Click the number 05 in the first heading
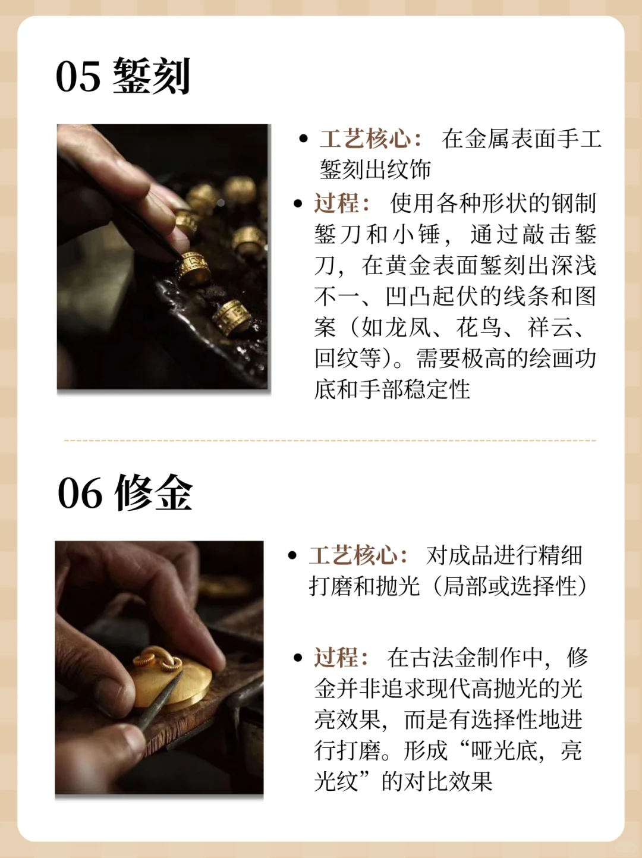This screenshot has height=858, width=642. (x=78, y=77)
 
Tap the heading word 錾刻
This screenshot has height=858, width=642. (x=152, y=77)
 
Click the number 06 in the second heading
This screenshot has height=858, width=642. (x=80, y=494)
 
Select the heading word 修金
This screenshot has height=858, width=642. (x=154, y=494)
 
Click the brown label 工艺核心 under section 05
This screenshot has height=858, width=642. (x=365, y=139)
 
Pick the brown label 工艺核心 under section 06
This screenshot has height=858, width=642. (x=353, y=555)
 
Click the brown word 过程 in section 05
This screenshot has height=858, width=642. (x=336, y=203)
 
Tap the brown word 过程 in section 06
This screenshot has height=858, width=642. (x=336, y=658)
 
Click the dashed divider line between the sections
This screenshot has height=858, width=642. (x=330, y=441)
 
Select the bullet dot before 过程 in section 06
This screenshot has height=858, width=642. (x=298, y=658)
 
